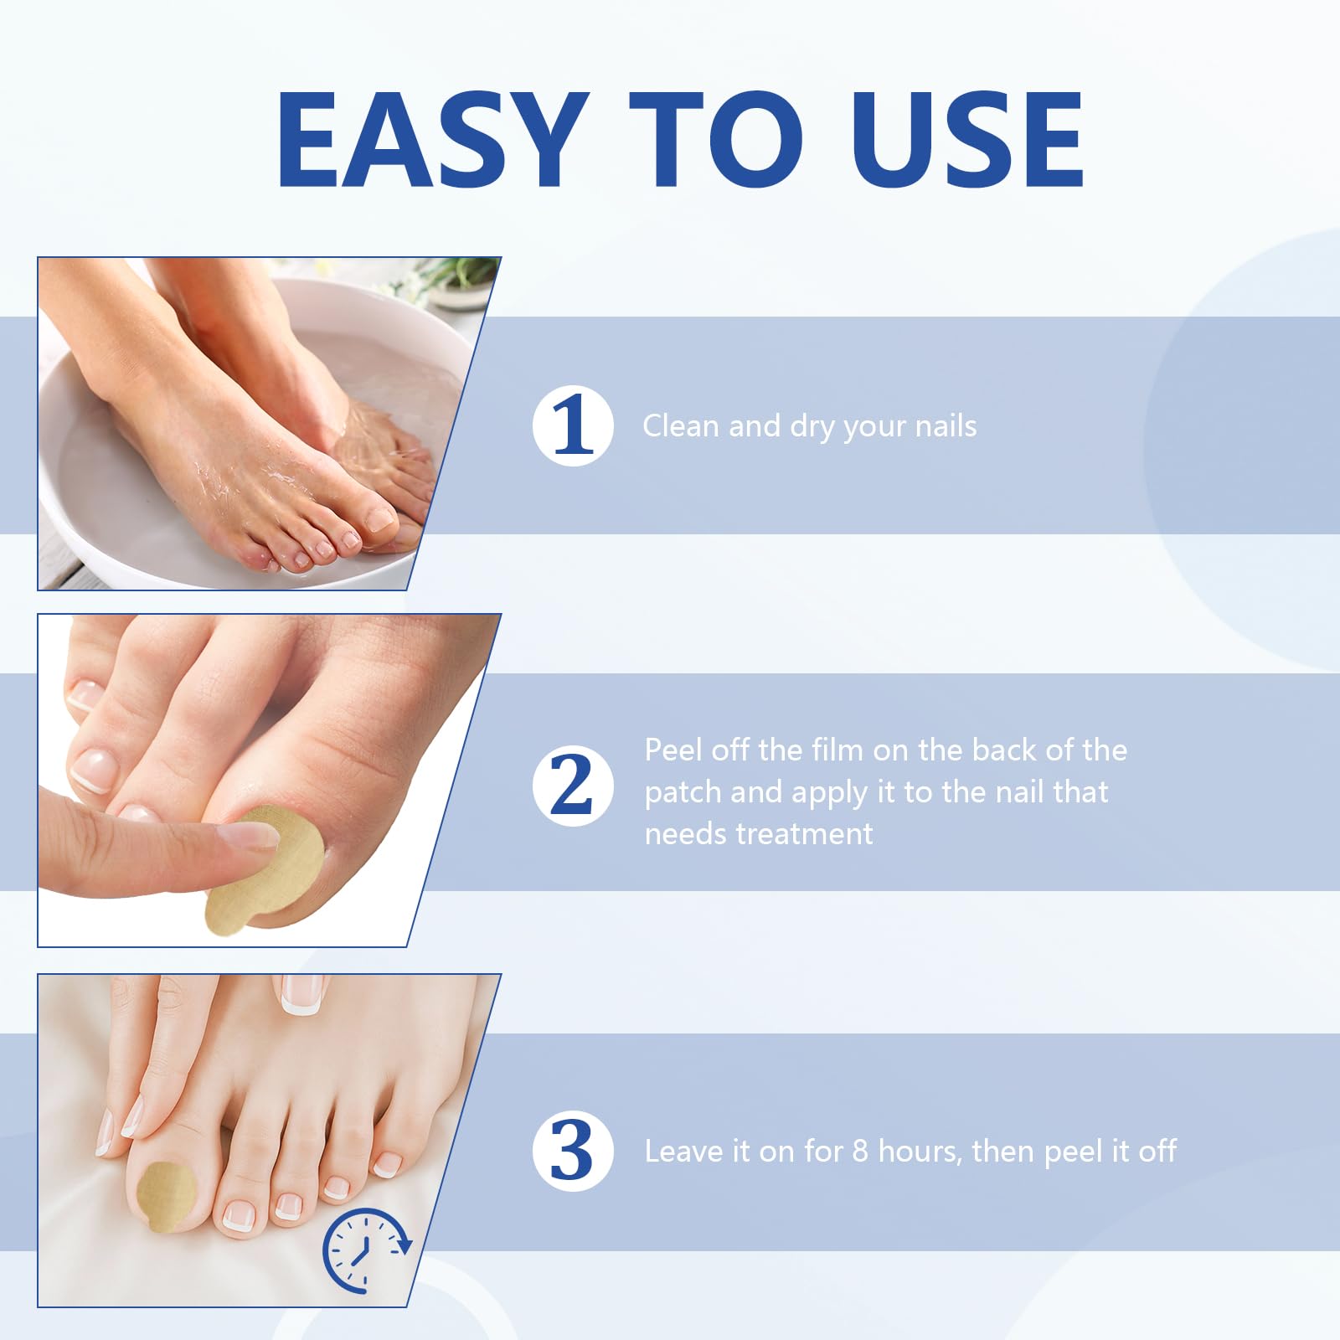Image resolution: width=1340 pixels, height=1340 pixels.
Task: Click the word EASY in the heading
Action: click(x=432, y=139)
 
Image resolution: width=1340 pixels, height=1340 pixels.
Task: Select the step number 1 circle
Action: click(x=573, y=426)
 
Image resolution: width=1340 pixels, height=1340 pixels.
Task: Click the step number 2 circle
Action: click(x=573, y=786)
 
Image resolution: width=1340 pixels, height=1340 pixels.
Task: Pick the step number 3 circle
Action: click(x=573, y=1151)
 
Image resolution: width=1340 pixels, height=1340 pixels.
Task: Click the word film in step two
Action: click(x=837, y=750)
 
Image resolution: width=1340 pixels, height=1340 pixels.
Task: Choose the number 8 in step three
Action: click(x=860, y=1152)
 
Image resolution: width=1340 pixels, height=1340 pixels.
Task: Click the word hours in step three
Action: click(x=921, y=1152)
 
